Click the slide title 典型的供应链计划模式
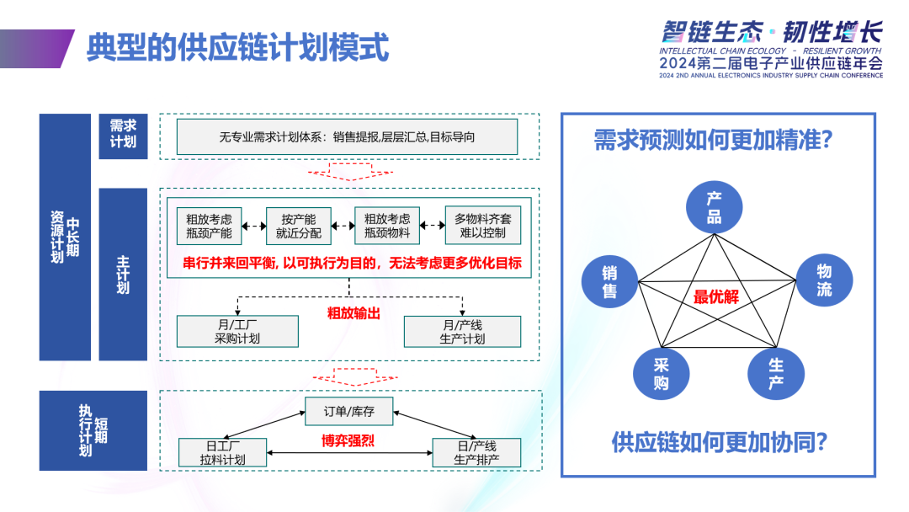point(238,48)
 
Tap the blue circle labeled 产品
point(714,208)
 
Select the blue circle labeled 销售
point(609,281)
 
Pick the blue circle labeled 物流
point(824,280)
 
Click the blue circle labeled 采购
point(662,374)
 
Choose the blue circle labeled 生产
point(775,375)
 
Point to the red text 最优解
point(716,297)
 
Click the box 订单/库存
point(349,412)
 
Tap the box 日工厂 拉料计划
point(223,452)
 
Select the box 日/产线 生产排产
point(476,452)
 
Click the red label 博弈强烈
point(348,440)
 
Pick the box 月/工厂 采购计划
point(237,331)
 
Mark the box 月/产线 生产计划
point(462,331)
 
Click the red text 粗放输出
point(353,313)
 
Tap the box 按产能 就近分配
point(299,226)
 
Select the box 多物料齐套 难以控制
point(482,226)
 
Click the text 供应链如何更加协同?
point(719,441)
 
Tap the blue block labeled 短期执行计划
point(93,430)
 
